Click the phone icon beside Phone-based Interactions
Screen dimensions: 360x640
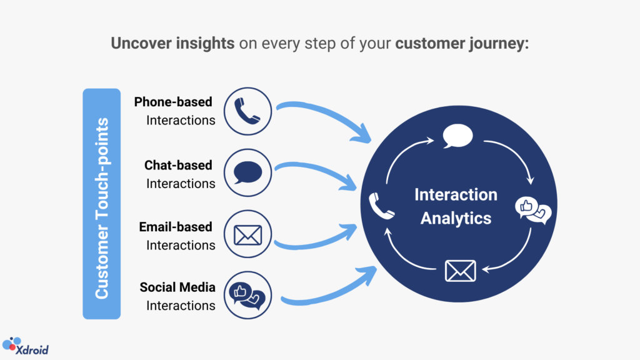247,111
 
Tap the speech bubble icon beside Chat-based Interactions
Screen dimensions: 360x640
247,172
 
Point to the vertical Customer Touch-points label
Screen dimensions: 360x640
102,204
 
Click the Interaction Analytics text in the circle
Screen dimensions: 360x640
456,206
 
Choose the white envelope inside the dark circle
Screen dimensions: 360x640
460,271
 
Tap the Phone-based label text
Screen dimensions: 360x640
173,102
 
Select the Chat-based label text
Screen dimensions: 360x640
178,165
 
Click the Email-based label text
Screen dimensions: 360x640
176,226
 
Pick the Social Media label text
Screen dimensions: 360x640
177,287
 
